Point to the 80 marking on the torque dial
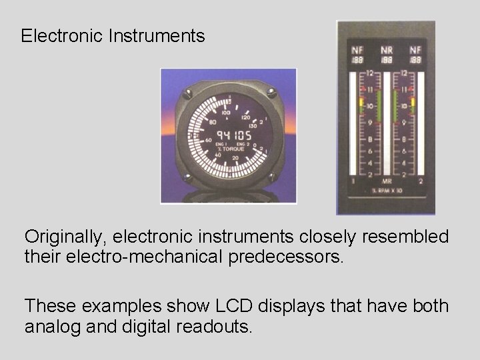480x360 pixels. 213,122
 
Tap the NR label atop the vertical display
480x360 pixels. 387,49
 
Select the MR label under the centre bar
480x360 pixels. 387,181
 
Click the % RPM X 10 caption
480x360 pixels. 387,191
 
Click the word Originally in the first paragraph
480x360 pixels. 66,237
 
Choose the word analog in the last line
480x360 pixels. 53,327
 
